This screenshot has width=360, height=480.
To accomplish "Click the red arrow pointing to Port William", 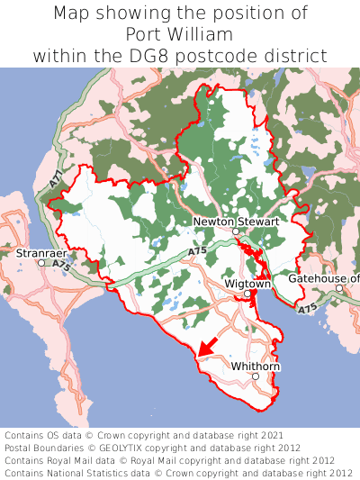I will click(209, 344).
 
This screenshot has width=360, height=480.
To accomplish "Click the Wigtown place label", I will click(247, 284).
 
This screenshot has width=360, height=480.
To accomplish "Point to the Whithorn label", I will click(256, 367).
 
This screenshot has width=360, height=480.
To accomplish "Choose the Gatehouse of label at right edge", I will click(323, 278).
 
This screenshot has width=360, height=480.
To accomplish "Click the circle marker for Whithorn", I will click(256, 377).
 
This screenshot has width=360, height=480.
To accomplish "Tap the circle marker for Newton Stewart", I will click(236, 231).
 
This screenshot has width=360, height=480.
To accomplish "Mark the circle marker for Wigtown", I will click(247, 294).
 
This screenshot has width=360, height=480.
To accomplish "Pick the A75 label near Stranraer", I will click(60, 266).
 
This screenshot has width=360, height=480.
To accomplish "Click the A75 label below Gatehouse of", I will click(308, 309).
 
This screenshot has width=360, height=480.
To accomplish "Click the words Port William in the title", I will click(179, 34).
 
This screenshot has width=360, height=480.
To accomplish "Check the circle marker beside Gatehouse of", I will click(339, 288).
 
